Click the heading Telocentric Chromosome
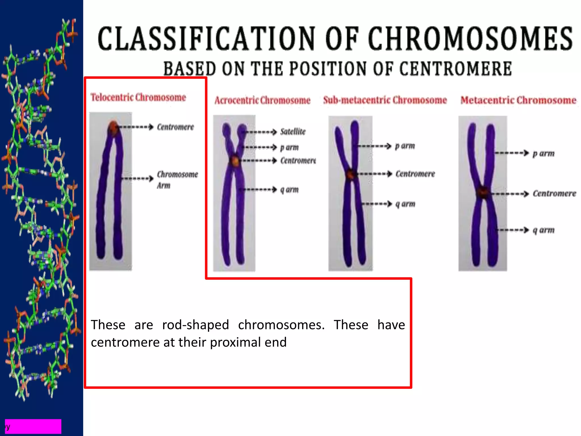(x=138, y=97)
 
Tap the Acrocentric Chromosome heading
(x=262, y=100)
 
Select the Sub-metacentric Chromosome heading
(x=385, y=100)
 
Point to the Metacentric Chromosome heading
(x=518, y=100)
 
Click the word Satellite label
(x=293, y=131)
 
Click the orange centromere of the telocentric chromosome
(x=113, y=127)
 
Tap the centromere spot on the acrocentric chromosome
(x=235, y=161)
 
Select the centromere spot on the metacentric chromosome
(x=483, y=193)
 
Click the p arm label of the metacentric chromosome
(x=543, y=153)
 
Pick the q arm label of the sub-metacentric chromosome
(x=405, y=204)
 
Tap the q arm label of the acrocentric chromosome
(x=289, y=189)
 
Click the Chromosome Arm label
(x=177, y=179)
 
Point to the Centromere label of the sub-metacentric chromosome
(x=415, y=174)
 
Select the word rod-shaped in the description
(x=195, y=325)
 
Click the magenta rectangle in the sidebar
(x=33, y=426)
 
